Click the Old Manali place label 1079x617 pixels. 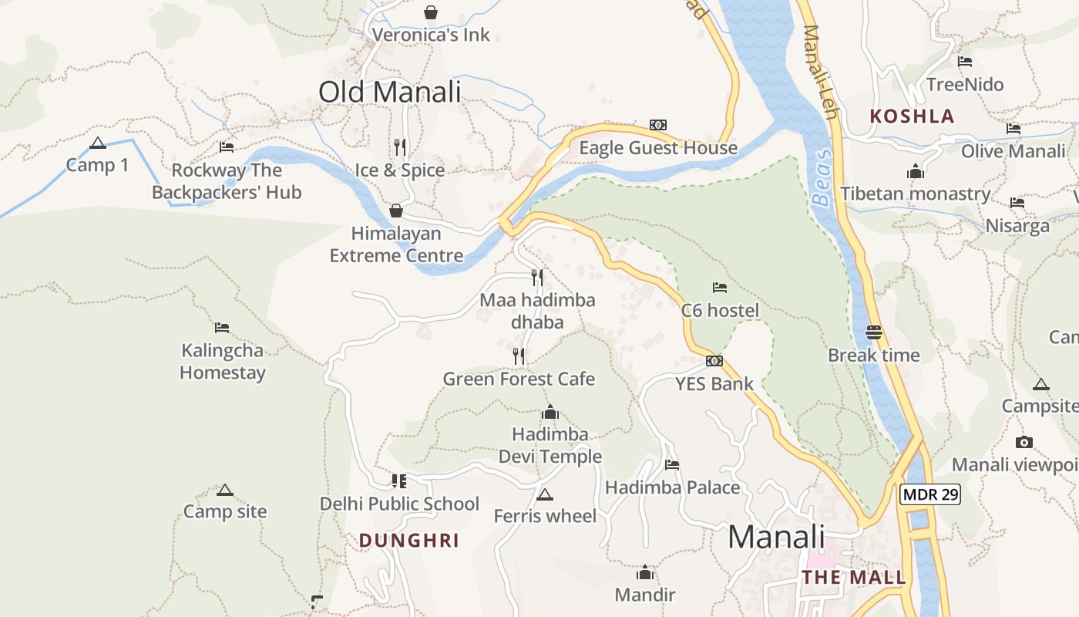pos(389,92)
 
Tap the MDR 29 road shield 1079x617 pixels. pos(930,494)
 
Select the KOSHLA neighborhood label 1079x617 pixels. pos(912,116)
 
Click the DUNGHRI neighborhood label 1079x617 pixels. pos(409,541)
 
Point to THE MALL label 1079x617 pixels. pos(854,578)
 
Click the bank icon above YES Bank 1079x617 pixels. pos(714,361)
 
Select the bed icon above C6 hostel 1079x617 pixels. pos(720,288)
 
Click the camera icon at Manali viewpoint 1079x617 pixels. pos(1024,442)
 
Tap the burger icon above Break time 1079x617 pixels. pos(874,332)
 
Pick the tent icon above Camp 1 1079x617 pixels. pos(97,143)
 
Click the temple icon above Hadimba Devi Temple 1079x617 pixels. pos(550,412)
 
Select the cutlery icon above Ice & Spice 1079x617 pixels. pos(400,147)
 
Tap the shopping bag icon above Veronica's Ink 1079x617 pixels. pos(431,12)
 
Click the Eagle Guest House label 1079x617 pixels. pos(658,147)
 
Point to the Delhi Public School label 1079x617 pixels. pos(399,504)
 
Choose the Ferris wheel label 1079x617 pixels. pos(545,516)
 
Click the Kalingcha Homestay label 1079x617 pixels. pos(223,362)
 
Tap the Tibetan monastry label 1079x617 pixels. pos(915,194)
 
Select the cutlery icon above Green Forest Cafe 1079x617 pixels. pos(519,356)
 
